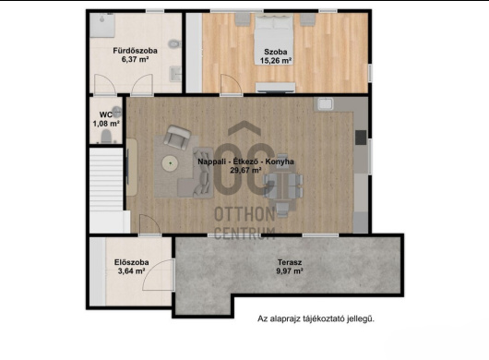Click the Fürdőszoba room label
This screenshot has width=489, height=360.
[x=135, y=51]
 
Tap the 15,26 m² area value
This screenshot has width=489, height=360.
[x=276, y=61]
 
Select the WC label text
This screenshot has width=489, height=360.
[x=106, y=114]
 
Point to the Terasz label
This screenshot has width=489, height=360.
[x=290, y=262]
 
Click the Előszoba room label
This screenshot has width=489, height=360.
[x=131, y=262]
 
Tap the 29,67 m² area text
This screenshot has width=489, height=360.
[x=245, y=170]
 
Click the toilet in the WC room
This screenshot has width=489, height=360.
[x=106, y=137]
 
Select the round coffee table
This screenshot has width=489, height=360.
[x=170, y=163]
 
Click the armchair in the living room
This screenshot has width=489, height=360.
[x=177, y=137]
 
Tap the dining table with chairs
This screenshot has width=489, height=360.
[x=283, y=186]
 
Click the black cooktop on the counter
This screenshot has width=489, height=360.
[x=361, y=138]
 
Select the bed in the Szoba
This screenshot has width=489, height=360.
[x=274, y=40]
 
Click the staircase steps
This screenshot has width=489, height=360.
[x=106, y=180]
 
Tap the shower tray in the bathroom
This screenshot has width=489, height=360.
[x=102, y=26]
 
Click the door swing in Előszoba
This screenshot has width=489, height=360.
[x=158, y=275]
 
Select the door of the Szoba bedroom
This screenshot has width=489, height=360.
[x=231, y=84]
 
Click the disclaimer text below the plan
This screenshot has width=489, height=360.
[x=316, y=318]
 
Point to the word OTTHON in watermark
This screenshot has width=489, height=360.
[x=244, y=214]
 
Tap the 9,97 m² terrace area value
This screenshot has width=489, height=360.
[x=290, y=271]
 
